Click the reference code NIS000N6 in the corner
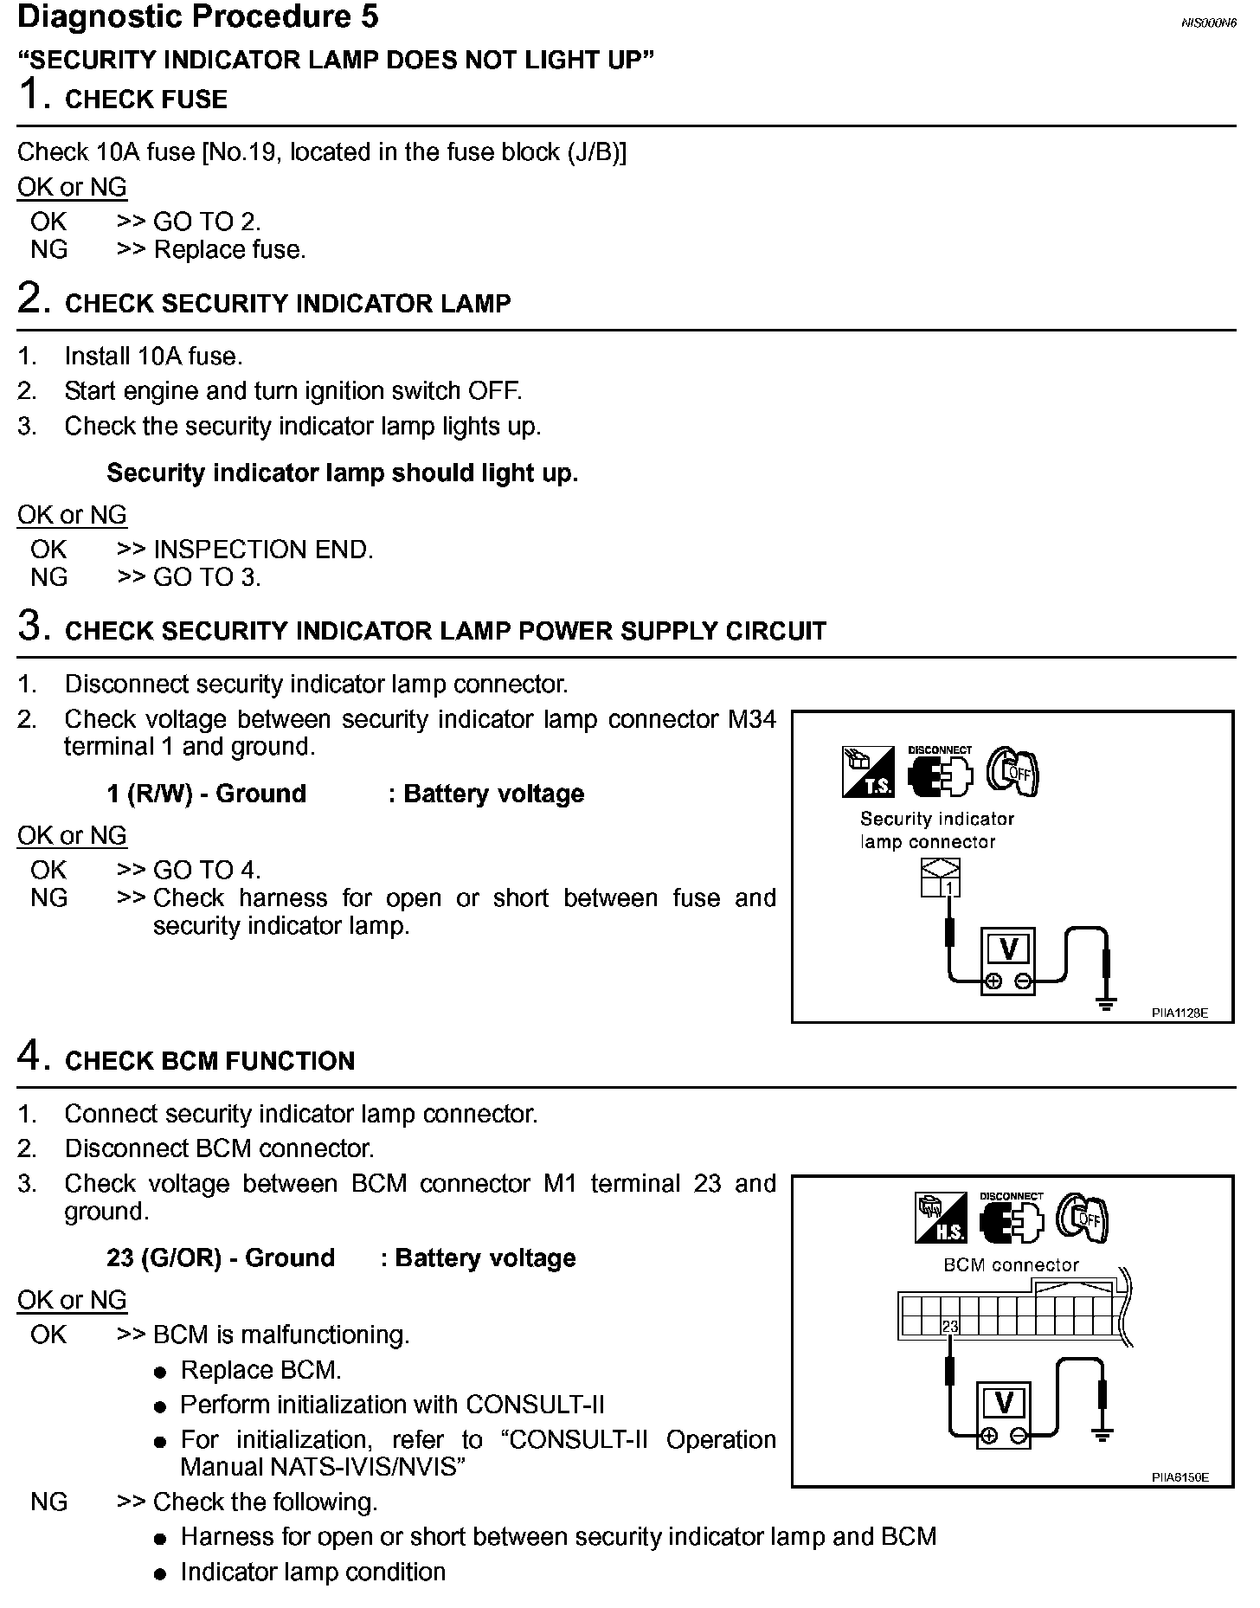(1207, 23)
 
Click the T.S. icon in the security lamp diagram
(868, 772)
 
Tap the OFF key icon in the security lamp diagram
(1012, 771)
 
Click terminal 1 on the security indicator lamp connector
(950, 887)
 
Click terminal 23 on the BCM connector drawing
(950, 1326)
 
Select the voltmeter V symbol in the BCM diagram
(1004, 1401)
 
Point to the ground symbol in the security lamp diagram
(1105, 1005)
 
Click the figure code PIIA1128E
(1180, 1012)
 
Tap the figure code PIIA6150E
(1180, 1477)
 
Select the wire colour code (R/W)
(160, 794)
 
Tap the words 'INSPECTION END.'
(263, 550)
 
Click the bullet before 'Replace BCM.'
(160, 1372)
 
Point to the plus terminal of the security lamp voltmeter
(993, 981)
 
